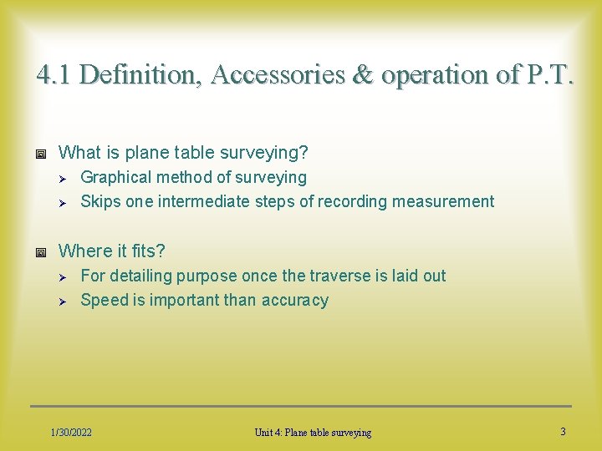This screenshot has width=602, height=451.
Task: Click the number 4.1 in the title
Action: (x=54, y=75)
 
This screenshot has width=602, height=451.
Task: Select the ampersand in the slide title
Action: (x=363, y=75)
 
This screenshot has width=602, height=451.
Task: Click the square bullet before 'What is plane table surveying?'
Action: (x=40, y=153)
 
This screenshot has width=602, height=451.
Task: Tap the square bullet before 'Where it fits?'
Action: (x=40, y=251)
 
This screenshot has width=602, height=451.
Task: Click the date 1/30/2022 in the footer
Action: (x=71, y=432)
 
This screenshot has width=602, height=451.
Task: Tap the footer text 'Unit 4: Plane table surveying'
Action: (x=313, y=432)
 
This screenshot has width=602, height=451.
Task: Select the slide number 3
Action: (x=563, y=431)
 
